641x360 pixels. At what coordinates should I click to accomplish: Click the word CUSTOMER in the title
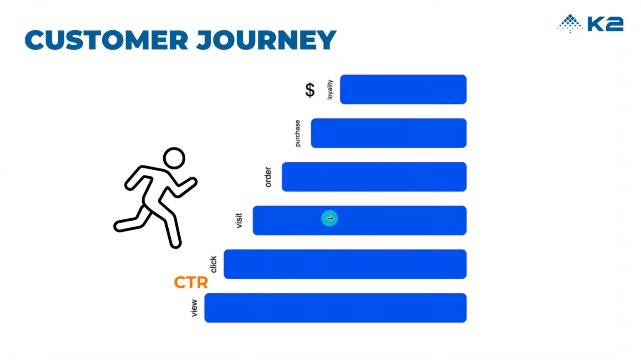click(106, 40)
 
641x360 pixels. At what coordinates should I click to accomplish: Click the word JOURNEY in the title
click(266, 40)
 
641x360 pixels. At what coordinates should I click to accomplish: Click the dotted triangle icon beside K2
click(570, 23)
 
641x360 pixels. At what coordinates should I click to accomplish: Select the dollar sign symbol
click(310, 90)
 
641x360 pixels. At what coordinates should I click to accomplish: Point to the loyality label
click(330, 90)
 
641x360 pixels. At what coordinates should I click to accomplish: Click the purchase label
click(297, 133)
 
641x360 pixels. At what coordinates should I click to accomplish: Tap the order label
click(268, 177)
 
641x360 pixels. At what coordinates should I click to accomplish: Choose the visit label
click(238, 220)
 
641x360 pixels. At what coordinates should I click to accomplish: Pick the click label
click(213, 264)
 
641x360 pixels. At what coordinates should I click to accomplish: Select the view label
click(194, 308)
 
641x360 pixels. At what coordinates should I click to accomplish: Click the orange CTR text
click(191, 282)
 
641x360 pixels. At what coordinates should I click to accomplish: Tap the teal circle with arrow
click(329, 218)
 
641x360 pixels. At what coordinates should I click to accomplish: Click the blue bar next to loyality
click(403, 89)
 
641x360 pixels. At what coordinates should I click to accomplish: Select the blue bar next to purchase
click(388, 133)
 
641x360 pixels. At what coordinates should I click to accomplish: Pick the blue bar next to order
click(374, 177)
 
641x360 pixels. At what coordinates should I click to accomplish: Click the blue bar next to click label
click(345, 264)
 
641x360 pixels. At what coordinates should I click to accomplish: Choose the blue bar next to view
click(335, 308)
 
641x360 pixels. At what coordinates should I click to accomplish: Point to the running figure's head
click(174, 158)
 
